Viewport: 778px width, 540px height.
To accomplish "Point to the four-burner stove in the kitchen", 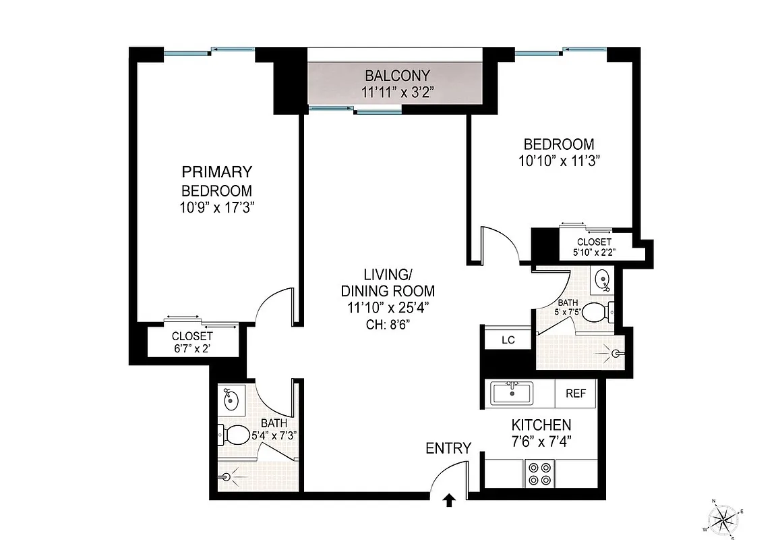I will click(x=540, y=473).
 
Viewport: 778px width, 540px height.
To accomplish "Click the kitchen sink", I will click(x=512, y=391).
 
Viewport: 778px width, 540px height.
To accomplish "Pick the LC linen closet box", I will click(x=508, y=340).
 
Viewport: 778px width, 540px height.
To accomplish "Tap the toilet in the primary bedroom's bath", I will click(x=233, y=435).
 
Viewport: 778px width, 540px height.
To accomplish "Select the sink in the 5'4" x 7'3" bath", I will click(x=232, y=400).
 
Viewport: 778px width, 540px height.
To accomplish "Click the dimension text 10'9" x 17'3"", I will click(x=216, y=208).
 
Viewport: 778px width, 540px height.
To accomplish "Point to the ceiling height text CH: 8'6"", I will click(x=387, y=323).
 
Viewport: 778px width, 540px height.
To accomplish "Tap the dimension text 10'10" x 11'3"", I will click(x=559, y=161).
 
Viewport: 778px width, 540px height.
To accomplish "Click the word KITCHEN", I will click(x=541, y=425).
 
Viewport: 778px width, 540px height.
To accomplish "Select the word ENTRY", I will click(x=448, y=448).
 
